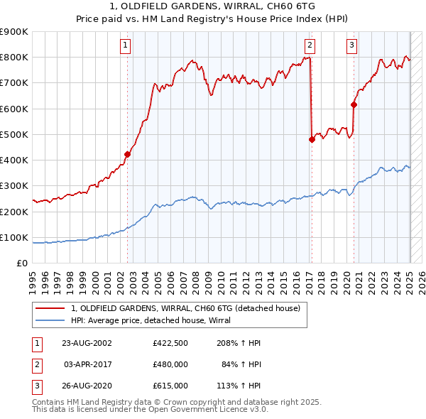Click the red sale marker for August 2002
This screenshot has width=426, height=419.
click(128, 154)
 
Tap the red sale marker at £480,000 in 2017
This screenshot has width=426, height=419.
click(312, 140)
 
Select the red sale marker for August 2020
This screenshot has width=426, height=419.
click(354, 104)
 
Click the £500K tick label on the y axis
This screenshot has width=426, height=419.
click(14, 134)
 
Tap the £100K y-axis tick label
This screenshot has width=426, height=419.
click(14, 237)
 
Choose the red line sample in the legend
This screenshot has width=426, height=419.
click(50, 308)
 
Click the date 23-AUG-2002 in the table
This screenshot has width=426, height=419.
click(87, 343)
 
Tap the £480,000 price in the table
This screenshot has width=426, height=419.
click(170, 364)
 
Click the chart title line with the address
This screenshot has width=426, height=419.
click(212, 7)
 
